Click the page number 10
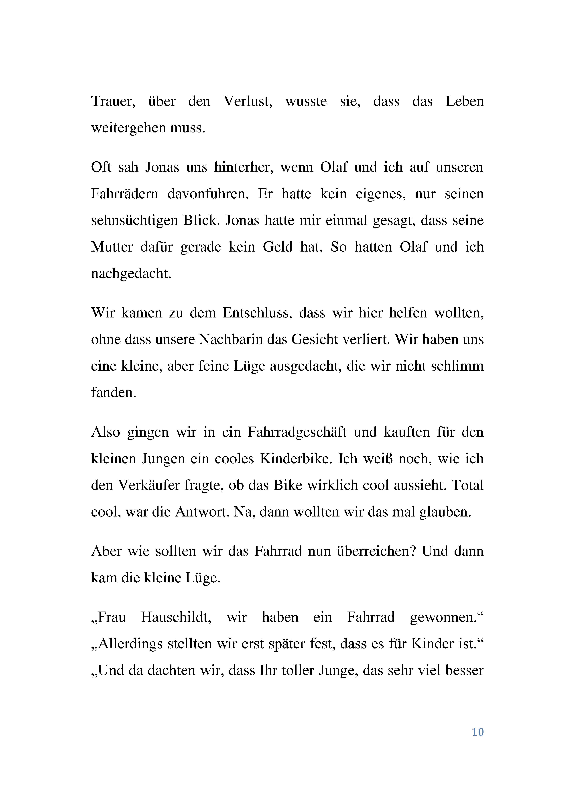477,732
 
